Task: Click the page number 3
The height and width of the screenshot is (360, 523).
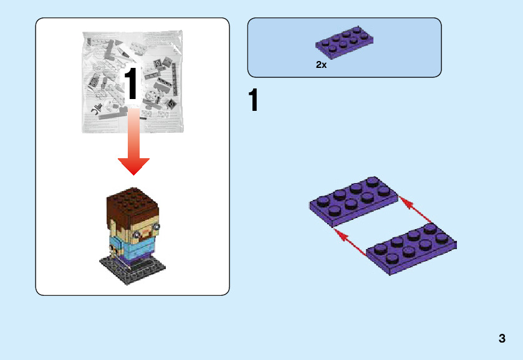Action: click(502, 339)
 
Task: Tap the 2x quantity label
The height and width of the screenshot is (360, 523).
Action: click(321, 65)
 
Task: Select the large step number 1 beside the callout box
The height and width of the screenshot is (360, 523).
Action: click(253, 101)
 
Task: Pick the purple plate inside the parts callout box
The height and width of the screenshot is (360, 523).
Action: click(345, 40)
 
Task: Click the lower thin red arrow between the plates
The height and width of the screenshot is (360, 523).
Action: click(350, 242)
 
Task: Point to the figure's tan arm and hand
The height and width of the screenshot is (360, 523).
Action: click(113, 249)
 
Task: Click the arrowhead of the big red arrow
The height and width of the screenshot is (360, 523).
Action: click(133, 166)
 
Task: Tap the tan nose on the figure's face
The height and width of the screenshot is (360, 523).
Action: click(147, 227)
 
